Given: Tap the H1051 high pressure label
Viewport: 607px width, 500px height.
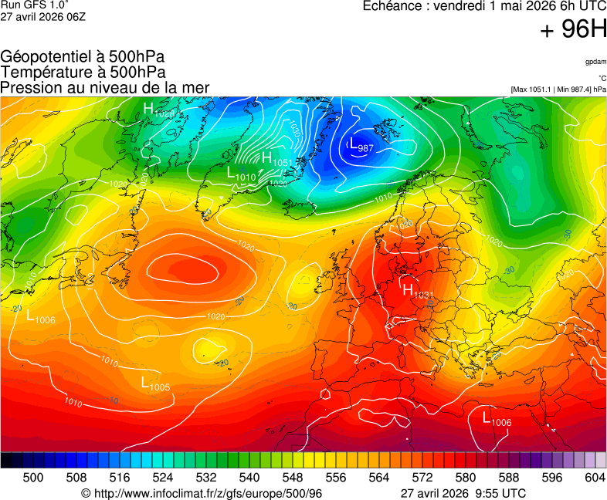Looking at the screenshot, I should click(x=276, y=160).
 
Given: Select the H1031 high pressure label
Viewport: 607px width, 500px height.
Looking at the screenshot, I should click(x=417, y=292).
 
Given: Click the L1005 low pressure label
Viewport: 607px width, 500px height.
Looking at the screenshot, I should click(x=155, y=383).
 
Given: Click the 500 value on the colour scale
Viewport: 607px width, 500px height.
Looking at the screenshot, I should click(x=33, y=478).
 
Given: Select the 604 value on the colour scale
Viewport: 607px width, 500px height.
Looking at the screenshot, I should click(x=595, y=478).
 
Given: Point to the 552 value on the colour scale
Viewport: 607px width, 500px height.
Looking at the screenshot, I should click(x=314, y=478).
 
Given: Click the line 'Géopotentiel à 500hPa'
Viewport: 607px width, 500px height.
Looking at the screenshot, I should click(x=82, y=57).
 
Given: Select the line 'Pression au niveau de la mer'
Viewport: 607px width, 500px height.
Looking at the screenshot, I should click(x=105, y=88).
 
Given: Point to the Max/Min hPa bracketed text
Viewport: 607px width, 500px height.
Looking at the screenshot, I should click(x=558, y=90).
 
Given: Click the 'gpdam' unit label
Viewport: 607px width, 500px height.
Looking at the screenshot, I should click(x=595, y=61).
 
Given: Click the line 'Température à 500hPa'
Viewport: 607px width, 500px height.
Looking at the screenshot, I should click(x=83, y=73).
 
